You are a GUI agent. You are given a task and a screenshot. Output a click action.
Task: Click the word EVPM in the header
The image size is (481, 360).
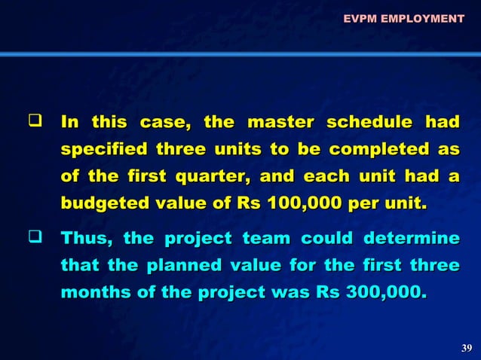360,17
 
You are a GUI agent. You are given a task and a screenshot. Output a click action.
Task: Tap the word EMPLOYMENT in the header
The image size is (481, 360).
422,17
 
